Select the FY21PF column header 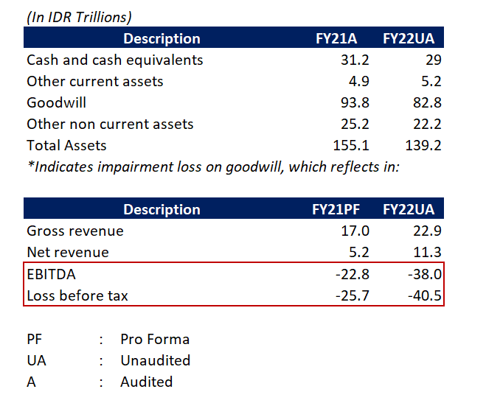342,210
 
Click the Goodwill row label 56,103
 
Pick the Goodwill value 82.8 427,103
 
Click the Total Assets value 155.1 352,146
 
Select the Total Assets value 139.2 423,146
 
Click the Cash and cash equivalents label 114,60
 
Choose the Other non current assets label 110,125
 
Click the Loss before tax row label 77,296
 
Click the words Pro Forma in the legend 155,340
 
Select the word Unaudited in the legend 156,361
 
